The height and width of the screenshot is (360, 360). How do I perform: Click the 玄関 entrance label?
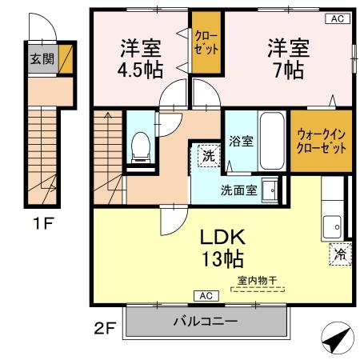(x=38, y=58)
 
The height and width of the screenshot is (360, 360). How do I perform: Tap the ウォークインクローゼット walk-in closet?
(x=321, y=142)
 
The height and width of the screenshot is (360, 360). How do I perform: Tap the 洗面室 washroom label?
(x=239, y=191)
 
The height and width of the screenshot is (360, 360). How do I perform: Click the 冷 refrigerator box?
(x=340, y=254)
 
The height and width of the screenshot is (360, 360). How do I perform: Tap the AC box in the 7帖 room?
(x=337, y=18)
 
